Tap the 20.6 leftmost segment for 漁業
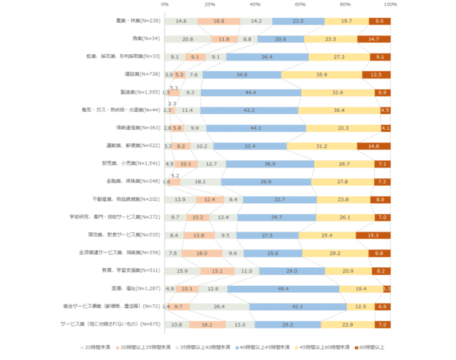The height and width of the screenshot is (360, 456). click(x=187, y=39)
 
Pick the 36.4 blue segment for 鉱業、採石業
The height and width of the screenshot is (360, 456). click(x=267, y=57)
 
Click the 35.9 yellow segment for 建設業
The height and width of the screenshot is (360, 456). click(x=321, y=75)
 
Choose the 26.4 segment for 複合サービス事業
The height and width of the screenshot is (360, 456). click(x=219, y=307)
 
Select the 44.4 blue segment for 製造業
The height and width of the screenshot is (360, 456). click(x=251, y=93)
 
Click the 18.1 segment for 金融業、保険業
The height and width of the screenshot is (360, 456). click(x=200, y=182)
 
